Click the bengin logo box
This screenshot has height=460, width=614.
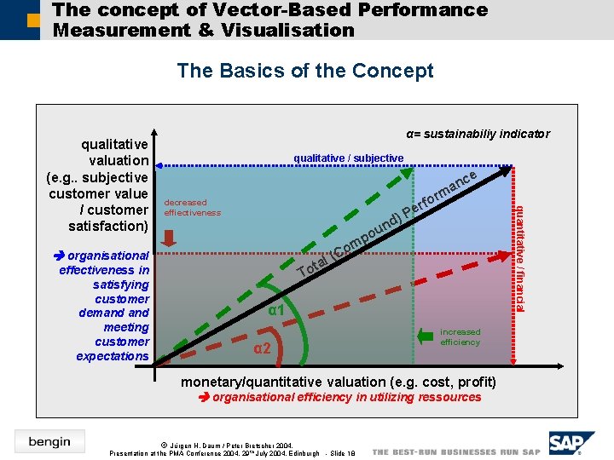click(49, 441)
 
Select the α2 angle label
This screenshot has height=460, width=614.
click(263, 348)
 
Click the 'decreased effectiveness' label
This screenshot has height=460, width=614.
click(192, 208)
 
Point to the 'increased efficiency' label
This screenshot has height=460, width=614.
click(460, 336)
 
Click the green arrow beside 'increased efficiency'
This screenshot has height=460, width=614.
click(426, 336)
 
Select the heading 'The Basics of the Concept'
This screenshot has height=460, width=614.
click(305, 71)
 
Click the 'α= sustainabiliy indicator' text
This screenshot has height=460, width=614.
click(478, 134)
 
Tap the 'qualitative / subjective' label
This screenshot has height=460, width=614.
click(348, 158)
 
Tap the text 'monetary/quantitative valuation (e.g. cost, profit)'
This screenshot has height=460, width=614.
click(338, 381)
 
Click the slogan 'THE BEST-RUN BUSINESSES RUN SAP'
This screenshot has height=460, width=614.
click(456, 451)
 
